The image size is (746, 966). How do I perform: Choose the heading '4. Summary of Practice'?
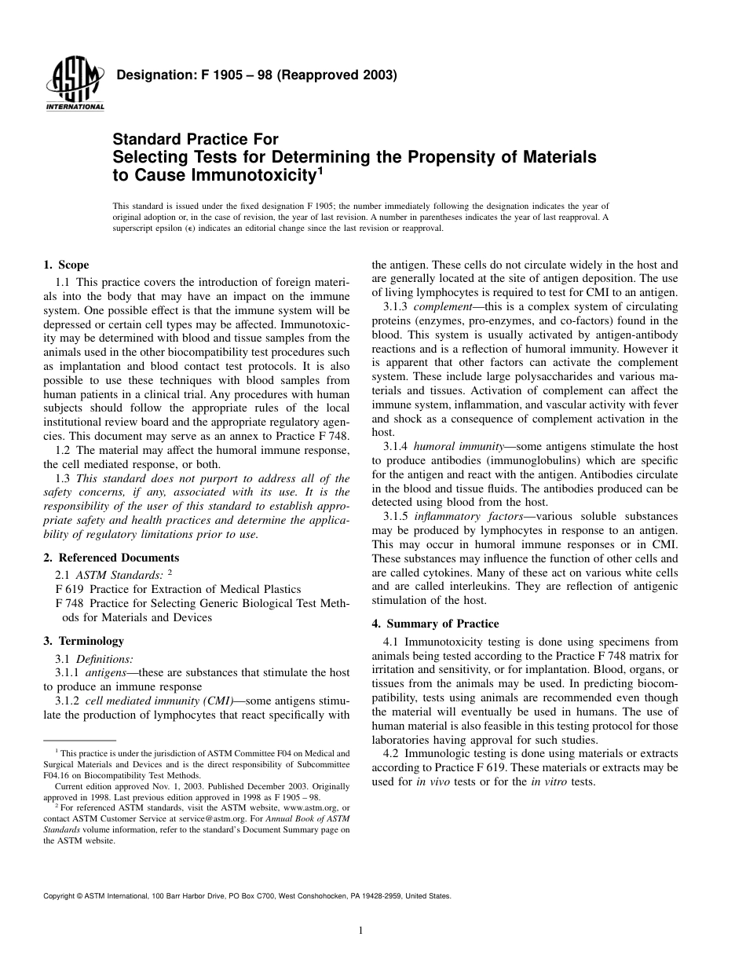[435, 624]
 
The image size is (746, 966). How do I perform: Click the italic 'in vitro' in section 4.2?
[550, 782]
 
